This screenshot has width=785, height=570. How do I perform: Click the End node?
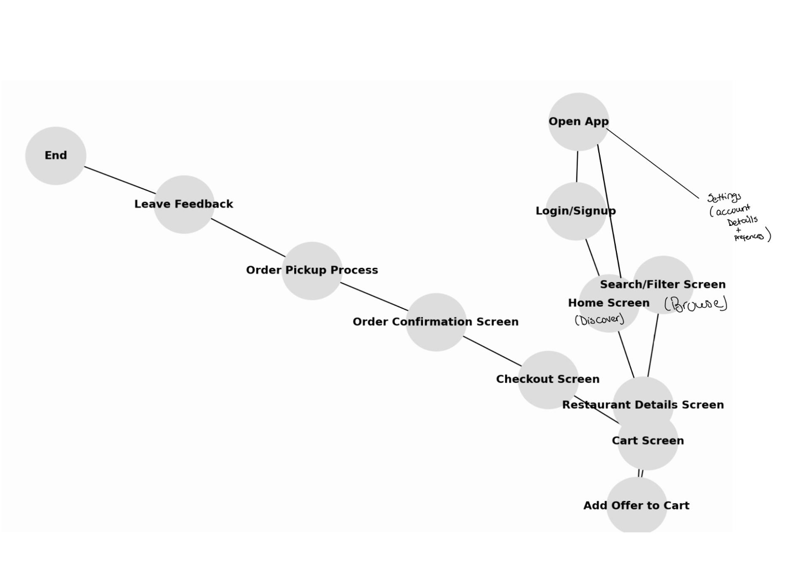[55, 156]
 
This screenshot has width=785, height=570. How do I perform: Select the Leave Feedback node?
[184, 204]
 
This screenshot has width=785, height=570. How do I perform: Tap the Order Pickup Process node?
[312, 271]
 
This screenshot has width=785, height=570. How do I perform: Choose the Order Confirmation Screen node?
[436, 322]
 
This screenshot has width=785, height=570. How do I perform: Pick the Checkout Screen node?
[548, 379]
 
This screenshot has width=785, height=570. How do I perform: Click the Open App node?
[578, 122]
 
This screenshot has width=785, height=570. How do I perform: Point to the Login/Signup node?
[575, 211]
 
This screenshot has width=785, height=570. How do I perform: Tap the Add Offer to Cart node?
[636, 505]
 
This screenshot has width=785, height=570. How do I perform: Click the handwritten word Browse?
[696, 304]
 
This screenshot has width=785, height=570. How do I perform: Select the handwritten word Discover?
[599, 320]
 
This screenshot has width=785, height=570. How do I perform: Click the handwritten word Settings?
[724, 197]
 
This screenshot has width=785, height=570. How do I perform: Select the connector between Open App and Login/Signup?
[577, 166]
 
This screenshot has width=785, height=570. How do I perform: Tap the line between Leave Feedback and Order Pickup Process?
[248, 237]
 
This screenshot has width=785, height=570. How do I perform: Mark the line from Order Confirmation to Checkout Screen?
[492, 351]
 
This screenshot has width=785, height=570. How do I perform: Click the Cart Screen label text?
[647, 441]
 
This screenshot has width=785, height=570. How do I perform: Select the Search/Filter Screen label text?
[662, 284]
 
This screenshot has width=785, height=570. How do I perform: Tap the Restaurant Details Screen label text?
[642, 405]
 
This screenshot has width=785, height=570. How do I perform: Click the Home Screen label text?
[608, 303]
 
